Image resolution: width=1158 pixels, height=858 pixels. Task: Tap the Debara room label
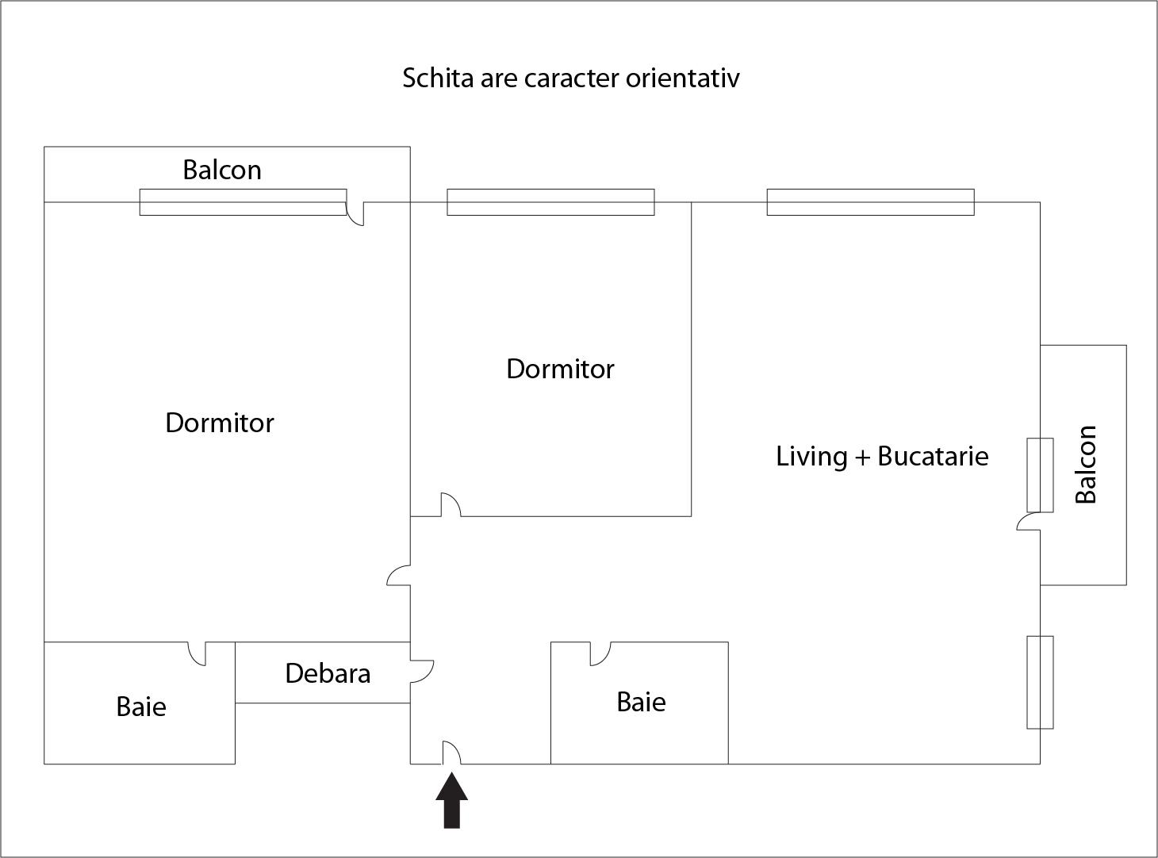328,673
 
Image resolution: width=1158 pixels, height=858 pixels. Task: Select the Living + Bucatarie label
882,456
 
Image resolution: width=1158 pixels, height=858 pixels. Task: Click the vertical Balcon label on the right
1085,465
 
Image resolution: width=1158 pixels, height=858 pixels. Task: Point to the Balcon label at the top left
222,170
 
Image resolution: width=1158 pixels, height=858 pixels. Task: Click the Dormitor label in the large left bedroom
220,423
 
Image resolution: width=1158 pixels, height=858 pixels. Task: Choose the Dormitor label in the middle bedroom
560,369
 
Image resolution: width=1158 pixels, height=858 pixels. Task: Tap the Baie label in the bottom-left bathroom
141,707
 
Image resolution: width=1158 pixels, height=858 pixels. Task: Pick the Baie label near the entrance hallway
641,702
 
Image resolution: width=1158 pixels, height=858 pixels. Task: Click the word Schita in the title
437,79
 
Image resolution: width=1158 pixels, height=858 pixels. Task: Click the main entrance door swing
451,753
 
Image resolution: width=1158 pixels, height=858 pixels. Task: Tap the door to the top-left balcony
355,213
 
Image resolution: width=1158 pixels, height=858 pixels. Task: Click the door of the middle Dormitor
451,504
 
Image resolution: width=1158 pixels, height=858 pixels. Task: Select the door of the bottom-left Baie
197,653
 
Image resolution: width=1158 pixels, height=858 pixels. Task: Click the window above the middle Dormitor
550,202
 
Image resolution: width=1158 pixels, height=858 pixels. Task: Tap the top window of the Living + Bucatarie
870,202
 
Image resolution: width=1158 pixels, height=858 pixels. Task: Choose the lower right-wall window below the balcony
1040,682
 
